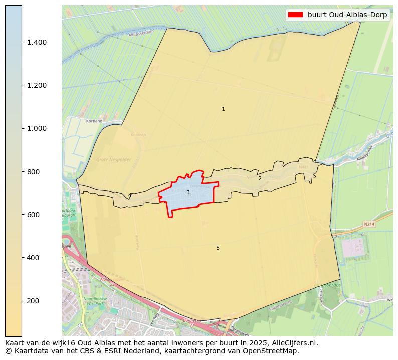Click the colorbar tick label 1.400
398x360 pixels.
click(x=37, y=42)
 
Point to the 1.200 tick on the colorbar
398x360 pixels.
click(x=37, y=85)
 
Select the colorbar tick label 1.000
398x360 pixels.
click(x=37, y=128)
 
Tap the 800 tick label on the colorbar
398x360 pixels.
click(x=34, y=172)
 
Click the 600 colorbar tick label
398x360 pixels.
click(x=34, y=215)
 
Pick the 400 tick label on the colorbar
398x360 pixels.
click(x=34, y=258)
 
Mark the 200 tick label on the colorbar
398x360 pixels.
click(x=34, y=301)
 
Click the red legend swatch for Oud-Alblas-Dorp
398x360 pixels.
click(x=296, y=15)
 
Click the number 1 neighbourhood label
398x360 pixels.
click(x=223, y=109)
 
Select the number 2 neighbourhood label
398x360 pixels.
click(x=260, y=179)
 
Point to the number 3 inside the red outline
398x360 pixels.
click(x=188, y=193)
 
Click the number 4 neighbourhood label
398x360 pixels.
click(x=129, y=196)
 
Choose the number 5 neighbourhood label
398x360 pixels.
click(x=218, y=248)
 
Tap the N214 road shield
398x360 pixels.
click(x=369, y=224)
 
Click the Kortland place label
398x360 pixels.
click(x=94, y=121)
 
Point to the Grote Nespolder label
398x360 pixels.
click(x=113, y=160)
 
